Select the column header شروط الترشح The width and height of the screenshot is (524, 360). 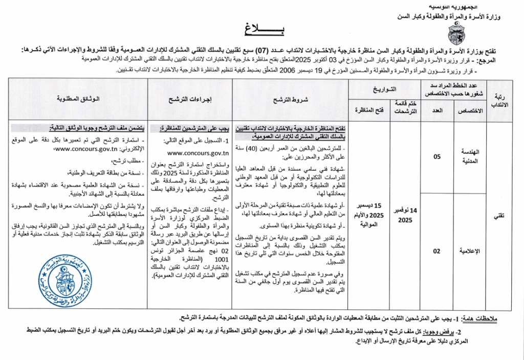pyautogui.click(x=290, y=100)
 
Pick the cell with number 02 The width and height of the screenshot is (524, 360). pyautogui.click(x=436, y=251)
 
